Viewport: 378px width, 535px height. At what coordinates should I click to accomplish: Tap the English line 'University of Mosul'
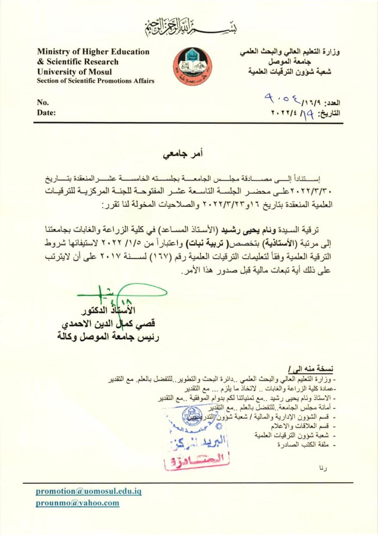click(x=74, y=72)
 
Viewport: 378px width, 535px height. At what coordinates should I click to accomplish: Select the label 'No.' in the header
click(x=43, y=102)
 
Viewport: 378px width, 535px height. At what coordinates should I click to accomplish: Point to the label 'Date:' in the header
click(x=46, y=113)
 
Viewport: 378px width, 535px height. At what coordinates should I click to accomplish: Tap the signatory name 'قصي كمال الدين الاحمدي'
click(x=108, y=324)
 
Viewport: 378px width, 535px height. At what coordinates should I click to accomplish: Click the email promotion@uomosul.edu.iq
click(x=89, y=491)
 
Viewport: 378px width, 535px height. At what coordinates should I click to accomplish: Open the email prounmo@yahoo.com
click(x=78, y=503)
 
